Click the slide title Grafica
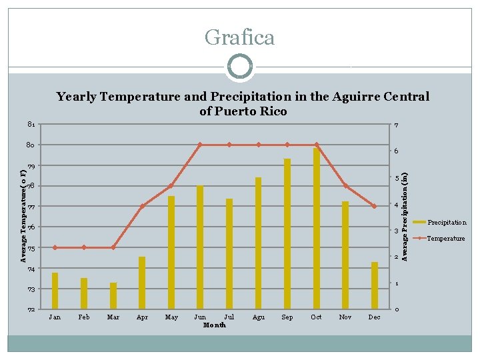(239, 37)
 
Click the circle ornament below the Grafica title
(239, 67)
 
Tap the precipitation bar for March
(113, 296)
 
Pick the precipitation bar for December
(375, 285)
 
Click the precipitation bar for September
(287, 233)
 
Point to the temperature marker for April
(142, 207)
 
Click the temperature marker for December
(375, 206)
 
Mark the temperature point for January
(55, 247)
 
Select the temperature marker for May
(171, 185)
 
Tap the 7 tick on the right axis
(396, 126)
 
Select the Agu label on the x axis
(259, 317)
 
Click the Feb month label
(84, 317)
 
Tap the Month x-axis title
(214, 325)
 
